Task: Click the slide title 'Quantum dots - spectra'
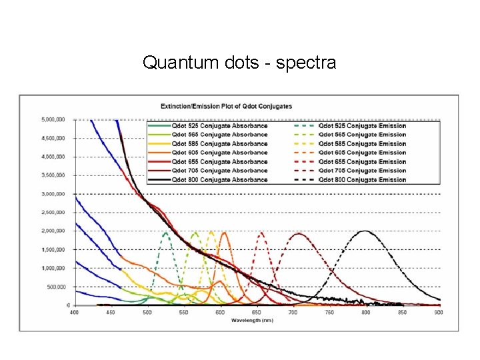tap(239, 63)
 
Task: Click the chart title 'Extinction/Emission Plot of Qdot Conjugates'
tap(226, 106)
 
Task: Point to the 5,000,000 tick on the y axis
tap(53, 120)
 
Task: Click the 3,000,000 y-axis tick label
tap(53, 194)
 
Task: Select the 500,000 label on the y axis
tap(55, 287)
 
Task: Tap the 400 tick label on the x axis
tap(74, 311)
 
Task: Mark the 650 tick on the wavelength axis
tap(257, 311)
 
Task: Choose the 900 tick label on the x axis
tap(439, 311)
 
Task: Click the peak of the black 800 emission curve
tap(365, 231)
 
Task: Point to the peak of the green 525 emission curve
tap(166, 232)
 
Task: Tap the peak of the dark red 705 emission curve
tap(298, 233)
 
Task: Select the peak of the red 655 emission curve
tap(261, 233)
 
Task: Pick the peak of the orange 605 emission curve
tap(223, 233)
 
